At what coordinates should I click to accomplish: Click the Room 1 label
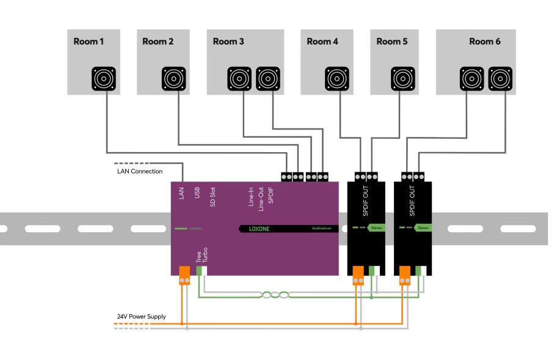89,42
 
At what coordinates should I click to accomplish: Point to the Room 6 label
484,42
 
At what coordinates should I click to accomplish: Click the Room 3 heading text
228,42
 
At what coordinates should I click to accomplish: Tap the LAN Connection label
139,171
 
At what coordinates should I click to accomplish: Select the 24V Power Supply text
141,317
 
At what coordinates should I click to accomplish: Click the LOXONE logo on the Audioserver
260,229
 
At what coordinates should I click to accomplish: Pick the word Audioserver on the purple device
320,229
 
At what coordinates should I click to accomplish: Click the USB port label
197,194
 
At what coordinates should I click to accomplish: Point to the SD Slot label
213,197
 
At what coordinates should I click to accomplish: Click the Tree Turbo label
202,255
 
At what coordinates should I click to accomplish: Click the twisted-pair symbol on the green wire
275,295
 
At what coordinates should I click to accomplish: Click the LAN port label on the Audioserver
181,194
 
